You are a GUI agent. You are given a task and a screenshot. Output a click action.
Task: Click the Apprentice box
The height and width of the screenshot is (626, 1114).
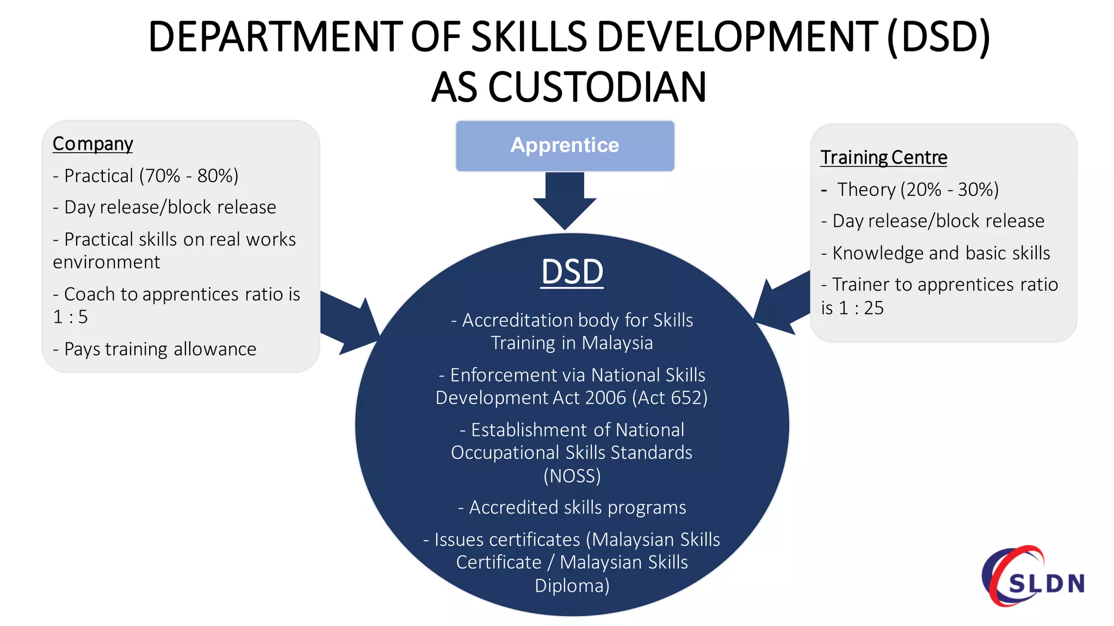click(x=565, y=146)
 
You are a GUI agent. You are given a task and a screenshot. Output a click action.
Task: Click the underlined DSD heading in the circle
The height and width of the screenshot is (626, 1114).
click(x=572, y=272)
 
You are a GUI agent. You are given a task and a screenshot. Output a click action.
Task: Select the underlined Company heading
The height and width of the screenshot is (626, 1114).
click(x=93, y=144)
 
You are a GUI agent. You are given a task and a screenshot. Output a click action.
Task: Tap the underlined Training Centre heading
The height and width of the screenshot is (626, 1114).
click(x=883, y=158)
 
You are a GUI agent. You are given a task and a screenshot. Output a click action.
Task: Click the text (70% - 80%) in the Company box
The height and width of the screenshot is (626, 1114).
click(x=189, y=176)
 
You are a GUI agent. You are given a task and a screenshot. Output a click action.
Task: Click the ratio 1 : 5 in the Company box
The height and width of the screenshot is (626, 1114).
click(x=70, y=317)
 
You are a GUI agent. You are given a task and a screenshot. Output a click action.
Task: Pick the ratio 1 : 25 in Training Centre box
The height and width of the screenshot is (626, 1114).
click(x=862, y=308)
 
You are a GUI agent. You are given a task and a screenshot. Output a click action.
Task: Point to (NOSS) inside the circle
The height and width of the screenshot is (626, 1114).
click(x=572, y=476)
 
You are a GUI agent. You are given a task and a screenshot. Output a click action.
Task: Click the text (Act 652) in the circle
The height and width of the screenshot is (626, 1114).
click(x=670, y=398)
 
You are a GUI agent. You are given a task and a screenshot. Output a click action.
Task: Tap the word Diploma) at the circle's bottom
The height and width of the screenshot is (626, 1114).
click(x=572, y=586)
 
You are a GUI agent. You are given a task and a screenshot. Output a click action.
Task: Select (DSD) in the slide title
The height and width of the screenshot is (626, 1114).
click(x=938, y=37)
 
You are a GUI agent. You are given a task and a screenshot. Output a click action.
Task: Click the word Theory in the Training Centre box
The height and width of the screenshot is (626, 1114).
click(x=866, y=190)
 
